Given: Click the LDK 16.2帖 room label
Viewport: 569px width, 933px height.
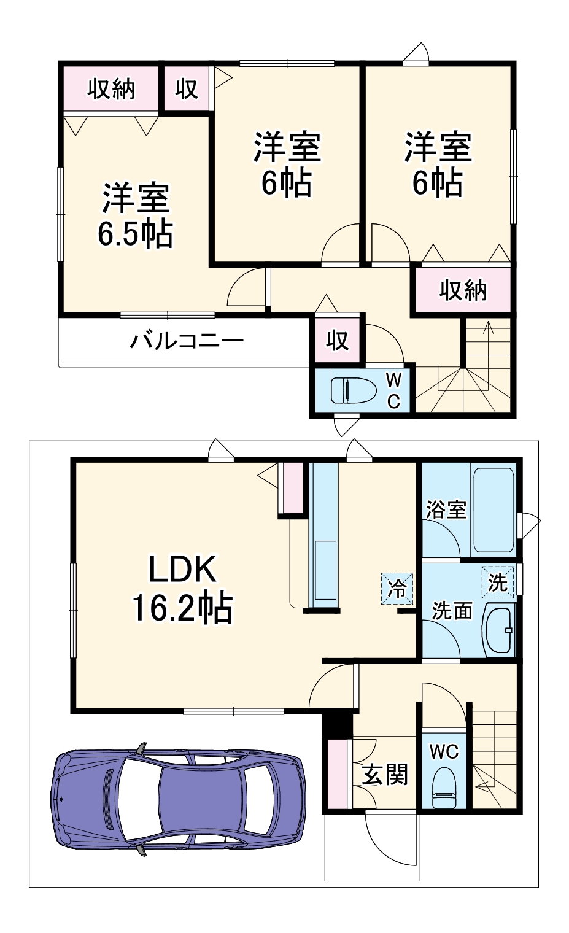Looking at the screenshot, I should click(182, 589).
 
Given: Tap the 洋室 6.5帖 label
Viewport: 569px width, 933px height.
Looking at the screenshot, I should click(135, 215).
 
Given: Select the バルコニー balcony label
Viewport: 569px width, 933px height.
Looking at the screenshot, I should click(186, 339).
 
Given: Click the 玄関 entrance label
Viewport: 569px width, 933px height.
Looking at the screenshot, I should click(385, 775).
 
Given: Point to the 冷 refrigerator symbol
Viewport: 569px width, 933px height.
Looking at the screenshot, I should click(398, 589).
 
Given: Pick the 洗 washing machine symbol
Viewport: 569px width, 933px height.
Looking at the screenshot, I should click(497, 581).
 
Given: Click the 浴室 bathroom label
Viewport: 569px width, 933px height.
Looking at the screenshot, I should click(446, 509).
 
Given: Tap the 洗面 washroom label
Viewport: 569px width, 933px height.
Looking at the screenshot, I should click(452, 610).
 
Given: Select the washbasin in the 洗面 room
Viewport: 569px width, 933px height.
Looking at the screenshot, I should click(499, 632).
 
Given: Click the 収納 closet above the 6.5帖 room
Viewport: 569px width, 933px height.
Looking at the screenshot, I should click(110, 89).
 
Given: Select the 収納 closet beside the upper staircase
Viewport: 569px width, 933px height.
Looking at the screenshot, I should click(463, 290).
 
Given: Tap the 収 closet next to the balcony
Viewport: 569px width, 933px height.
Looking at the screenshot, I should click(337, 339).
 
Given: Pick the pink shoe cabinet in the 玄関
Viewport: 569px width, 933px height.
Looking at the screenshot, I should click(337, 774).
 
